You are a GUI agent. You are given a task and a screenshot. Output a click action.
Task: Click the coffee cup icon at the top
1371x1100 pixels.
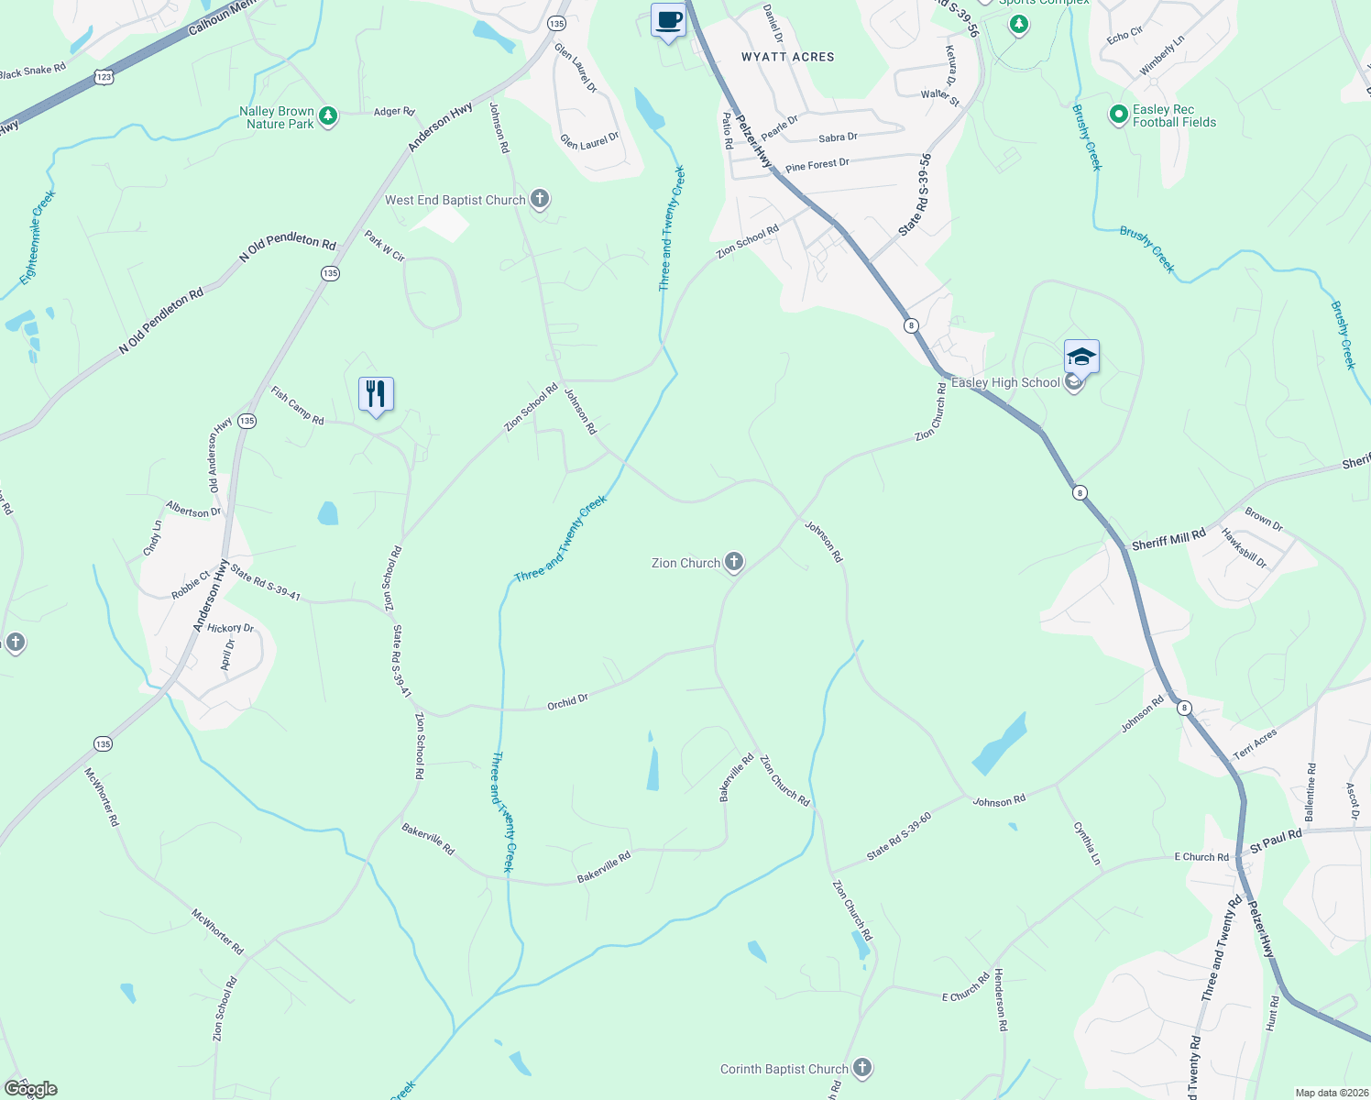pos(668,20)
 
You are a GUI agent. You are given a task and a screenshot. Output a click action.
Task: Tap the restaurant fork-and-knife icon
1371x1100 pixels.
pos(376,394)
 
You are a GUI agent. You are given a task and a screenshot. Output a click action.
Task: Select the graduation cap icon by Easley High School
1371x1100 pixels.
pos(1081,357)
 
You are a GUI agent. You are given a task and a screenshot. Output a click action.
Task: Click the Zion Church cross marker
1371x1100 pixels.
pos(733,562)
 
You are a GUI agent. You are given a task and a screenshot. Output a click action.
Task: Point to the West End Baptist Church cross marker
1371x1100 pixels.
pos(540,199)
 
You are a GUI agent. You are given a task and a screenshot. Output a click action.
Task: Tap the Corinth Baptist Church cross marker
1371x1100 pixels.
pos(861,1068)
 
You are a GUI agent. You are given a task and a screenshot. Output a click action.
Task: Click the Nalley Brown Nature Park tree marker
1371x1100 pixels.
pos(328,116)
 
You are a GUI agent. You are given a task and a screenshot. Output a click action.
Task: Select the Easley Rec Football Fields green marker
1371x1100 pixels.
pos(1118,115)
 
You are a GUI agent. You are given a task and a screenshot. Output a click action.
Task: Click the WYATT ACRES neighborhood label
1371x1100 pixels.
pos(787,57)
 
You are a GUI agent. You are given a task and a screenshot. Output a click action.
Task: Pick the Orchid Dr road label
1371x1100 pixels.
pos(567,702)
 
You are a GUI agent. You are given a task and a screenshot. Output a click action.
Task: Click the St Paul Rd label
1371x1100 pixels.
pos(1276,839)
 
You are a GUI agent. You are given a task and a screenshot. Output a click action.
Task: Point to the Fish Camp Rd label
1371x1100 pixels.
pos(297,405)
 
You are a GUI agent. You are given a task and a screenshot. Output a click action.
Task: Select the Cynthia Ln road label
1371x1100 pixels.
pos(1086,843)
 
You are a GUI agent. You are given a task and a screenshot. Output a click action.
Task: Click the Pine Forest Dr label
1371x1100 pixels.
pos(817,165)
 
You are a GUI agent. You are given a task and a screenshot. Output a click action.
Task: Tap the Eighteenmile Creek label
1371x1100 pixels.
pos(38,236)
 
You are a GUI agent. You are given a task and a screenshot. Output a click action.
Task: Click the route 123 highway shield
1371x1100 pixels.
pos(104,78)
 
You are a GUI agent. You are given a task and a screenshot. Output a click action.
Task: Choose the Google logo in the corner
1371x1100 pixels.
pos(30,1089)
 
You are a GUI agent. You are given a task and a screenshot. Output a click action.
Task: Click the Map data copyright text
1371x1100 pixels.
pos(1331,1093)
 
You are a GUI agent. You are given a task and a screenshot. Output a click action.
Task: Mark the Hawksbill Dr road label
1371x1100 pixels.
pos(1244,548)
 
